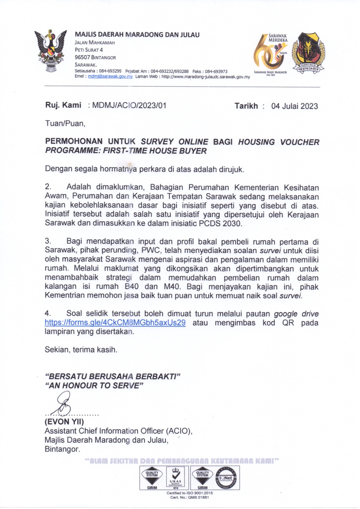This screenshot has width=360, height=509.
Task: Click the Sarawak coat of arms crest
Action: [x=51, y=51]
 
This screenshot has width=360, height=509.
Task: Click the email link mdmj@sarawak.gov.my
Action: [x=110, y=77]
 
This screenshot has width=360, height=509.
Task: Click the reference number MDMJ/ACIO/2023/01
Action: [x=129, y=106]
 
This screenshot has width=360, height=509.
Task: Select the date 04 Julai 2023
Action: [x=294, y=106]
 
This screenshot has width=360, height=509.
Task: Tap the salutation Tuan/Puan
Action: [x=65, y=123]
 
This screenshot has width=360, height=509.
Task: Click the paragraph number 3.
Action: [x=48, y=241]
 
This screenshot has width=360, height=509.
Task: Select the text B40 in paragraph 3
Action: [x=131, y=287]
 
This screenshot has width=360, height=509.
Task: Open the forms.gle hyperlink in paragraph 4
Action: [x=115, y=323]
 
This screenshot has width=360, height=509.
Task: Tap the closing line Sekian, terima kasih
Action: [x=81, y=350]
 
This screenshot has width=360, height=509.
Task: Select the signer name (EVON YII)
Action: [x=64, y=422]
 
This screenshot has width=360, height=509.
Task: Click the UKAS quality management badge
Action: [x=175, y=478]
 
